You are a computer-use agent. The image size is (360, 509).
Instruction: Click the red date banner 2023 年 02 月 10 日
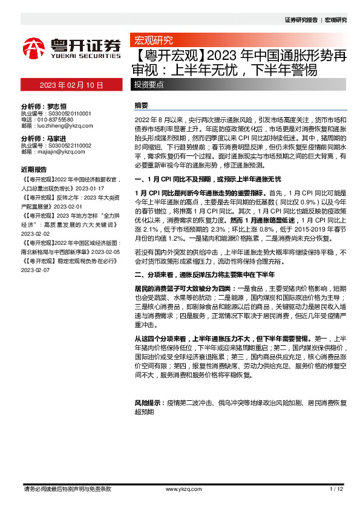[71, 85]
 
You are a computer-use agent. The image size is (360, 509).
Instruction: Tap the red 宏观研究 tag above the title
[152, 41]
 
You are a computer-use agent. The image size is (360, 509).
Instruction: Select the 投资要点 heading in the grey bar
[149, 85]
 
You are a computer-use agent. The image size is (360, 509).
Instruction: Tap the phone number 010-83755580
[57, 119]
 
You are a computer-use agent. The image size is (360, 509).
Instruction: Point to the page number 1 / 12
[336, 489]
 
